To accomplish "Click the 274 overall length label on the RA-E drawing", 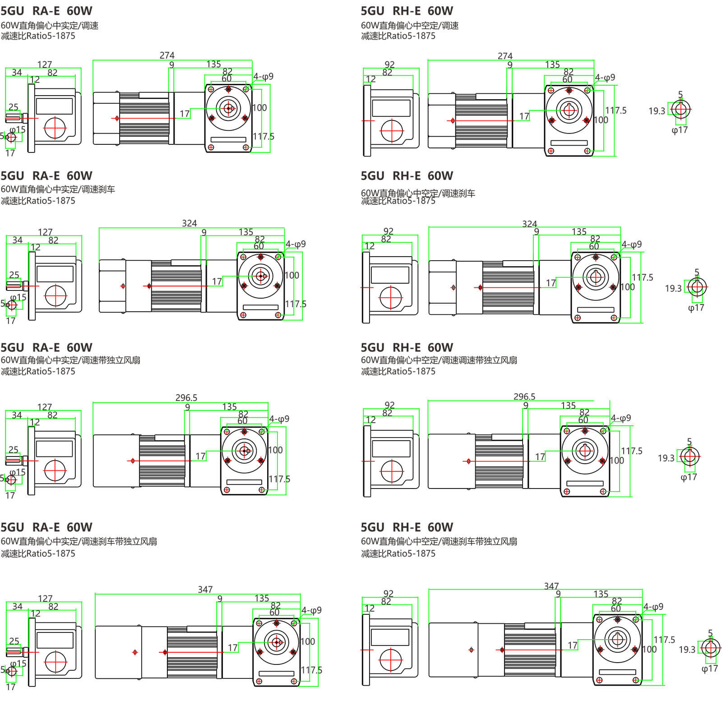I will pyautogui.click(x=167, y=55).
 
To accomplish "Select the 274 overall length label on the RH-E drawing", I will pyautogui.click(x=505, y=56).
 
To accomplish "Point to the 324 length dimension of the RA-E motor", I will pyautogui.click(x=190, y=223).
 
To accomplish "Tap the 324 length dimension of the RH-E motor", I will pyautogui.click(x=529, y=224).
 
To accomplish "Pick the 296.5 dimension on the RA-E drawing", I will pyautogui.click(x=186, y=397).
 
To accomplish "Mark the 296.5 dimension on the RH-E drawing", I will pyautogui.click(x=524, y=396).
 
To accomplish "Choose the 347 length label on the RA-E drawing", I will pyautogui.click(x=205, y=590).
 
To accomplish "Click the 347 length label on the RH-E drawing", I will pyautogui.click(x=551, y=585).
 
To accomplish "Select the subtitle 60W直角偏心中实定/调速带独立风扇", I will pyautogui.click(x=70, y=360).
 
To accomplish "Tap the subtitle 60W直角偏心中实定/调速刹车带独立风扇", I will pyautogui.click(x=79, y=541).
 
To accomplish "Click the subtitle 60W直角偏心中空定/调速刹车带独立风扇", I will pyautogui.click(x=439, y=541).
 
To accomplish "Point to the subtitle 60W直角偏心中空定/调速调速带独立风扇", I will pyautogui.click(x=439, y=360).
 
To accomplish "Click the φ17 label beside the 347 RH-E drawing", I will pyautogui.click(x=709, y=668).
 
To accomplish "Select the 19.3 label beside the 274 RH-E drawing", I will pyautogui.click(x=657, y=111).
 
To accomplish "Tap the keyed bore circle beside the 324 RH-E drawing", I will pyautogui.click(x=697, y=287).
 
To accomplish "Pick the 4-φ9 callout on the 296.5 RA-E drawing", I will pyautogui.click(x=279, y=419).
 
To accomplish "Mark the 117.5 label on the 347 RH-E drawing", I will pyautogui.click(x=664, y=640).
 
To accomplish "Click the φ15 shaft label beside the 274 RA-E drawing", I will pyautogui.click(x=18, y=129).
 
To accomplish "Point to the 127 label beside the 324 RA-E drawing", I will pyautogui.click(x=45, y=232).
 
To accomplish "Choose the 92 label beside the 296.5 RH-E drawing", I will pyautogui.click(x=389, y=405).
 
